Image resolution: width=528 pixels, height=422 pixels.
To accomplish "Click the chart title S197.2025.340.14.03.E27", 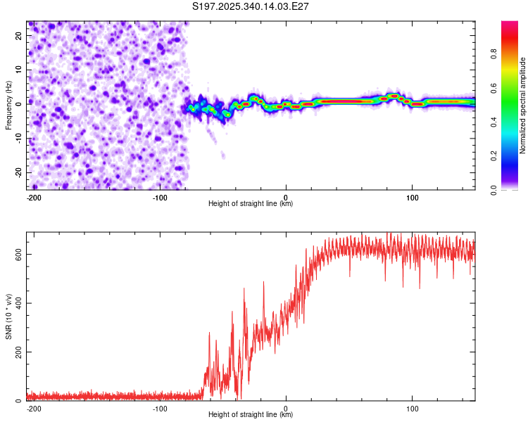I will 251,6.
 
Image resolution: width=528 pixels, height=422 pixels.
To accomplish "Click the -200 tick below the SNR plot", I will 33,407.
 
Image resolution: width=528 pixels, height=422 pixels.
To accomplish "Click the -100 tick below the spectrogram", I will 160,196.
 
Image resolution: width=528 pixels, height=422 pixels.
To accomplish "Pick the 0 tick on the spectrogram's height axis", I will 286,196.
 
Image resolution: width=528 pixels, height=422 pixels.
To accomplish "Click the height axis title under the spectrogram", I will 251,203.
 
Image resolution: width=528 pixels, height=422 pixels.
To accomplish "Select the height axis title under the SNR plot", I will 251,414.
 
